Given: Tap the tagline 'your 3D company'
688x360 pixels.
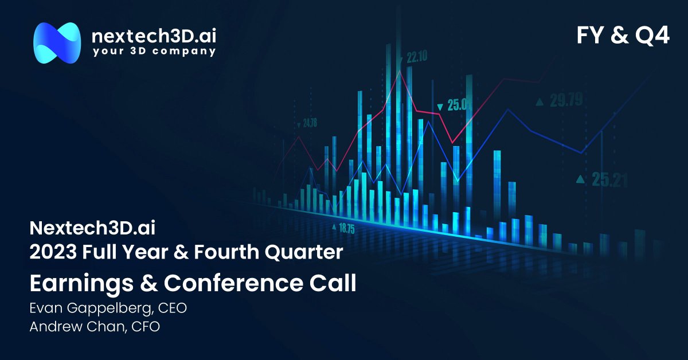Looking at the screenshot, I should click(154, 52).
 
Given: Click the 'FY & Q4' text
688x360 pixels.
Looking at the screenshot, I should click(623, 36).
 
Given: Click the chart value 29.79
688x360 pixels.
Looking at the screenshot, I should click(566, 101).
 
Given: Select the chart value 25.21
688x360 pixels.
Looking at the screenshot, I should click(609, 181).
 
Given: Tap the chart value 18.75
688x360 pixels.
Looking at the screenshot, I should click(346, 228).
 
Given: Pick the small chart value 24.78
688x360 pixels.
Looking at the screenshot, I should click(310, 123).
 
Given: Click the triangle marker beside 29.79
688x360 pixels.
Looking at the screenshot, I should click(539, 102).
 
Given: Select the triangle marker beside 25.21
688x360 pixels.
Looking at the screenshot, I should click(581, 179).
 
